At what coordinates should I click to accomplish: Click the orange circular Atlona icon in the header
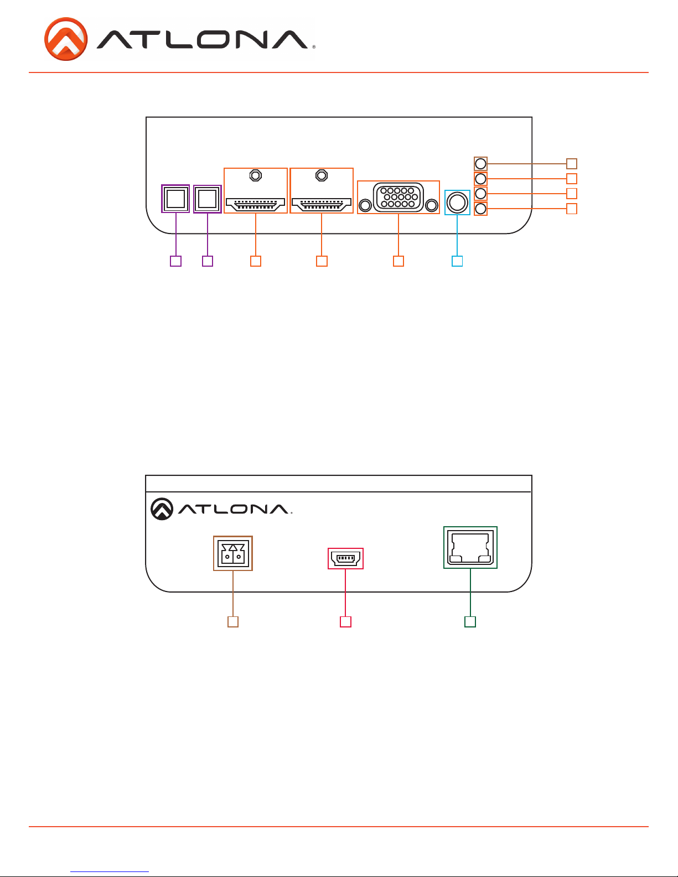point(66,39)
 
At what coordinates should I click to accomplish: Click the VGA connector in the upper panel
point(398,198)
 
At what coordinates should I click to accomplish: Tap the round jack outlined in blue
point(457,203)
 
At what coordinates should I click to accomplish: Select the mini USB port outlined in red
point(345,558)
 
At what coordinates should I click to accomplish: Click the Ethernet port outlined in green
point(470,548)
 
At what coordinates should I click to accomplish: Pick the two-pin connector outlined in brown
point(233,553)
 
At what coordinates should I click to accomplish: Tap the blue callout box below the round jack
point(457,261)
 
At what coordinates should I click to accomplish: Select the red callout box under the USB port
point(345,622)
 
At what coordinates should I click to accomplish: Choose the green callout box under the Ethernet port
point(470,622)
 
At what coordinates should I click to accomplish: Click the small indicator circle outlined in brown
point(480,164)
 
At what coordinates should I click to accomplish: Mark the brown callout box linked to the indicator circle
point(571,164)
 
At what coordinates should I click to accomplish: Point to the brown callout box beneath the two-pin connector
point(233,622)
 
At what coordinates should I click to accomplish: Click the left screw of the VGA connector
point(365,205)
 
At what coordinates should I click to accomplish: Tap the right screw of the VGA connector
point(432,205)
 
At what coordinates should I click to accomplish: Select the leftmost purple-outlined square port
point(175,199)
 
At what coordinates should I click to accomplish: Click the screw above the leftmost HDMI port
point(256,175)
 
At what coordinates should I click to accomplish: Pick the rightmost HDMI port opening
point(321,205)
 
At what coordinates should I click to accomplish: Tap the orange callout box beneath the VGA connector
point(398,261)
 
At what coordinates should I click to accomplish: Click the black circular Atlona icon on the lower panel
point(162,509)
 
